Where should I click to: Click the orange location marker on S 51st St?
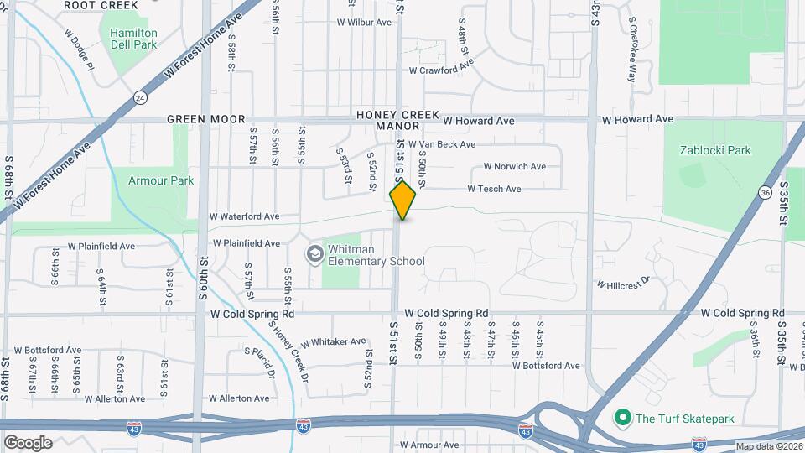(x=402, y=200)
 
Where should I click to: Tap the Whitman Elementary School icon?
(x=314, y=253)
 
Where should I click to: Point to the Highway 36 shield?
(x=765, y=193)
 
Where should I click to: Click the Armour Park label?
(x=160, y=180)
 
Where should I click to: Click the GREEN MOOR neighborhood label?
(x=198, y=120)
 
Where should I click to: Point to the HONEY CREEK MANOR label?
(x=387, y=120)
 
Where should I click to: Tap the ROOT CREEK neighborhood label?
(x=101, y=5)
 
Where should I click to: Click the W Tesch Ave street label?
(x=494, y=190)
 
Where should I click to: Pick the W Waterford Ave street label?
(x=244, y=216)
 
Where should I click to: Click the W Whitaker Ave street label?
(x=333, y=342)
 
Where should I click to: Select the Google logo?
(x=28, y=442)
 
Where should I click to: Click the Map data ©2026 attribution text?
(x=768, y=446)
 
